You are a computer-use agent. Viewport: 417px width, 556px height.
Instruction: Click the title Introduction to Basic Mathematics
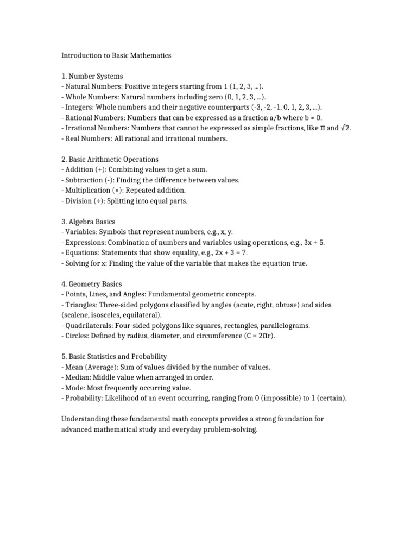116,55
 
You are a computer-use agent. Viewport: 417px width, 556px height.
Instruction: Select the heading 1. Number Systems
92,76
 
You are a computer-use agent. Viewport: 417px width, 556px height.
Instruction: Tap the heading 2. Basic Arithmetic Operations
110,159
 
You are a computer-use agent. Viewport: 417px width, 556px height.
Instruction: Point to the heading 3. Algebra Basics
89,222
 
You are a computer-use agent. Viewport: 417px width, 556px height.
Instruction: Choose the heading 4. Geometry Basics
91,284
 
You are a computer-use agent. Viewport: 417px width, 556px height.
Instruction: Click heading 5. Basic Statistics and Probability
114,357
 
